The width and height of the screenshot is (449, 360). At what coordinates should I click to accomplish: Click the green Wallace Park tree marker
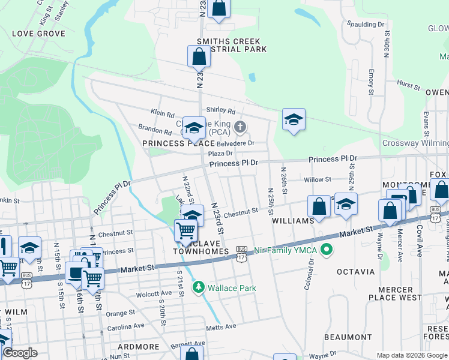click(x=199, y=288)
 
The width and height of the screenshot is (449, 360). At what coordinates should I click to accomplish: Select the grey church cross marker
click(x=240, y=126)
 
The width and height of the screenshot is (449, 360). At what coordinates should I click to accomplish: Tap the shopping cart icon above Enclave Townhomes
click(x=186, y=230)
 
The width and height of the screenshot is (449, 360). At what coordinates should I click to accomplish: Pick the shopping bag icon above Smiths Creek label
click(x=199, y=57)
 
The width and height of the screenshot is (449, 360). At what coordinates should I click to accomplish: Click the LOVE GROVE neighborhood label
click(x=38, y=34)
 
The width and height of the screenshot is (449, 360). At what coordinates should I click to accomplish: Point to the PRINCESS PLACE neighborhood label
click(x=178, y=143)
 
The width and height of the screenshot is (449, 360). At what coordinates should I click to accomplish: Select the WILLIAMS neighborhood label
click(x=293, y=221)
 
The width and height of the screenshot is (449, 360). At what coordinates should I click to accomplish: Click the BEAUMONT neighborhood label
click(x=348, y=337)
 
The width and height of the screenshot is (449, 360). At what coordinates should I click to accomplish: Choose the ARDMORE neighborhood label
click(x=139, y=347)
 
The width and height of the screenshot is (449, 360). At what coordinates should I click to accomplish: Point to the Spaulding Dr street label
click(x=366, y=25)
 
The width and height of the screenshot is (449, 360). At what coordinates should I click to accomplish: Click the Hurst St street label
click(x=408, y=85)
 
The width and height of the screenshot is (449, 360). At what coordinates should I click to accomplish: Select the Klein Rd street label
click(x=163, y=113)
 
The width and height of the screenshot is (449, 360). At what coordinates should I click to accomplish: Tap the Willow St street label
click(x=318, y=179)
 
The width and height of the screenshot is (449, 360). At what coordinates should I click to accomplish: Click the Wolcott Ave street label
click(x=154, y=294)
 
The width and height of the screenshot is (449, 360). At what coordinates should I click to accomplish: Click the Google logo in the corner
click(x=20, y=353)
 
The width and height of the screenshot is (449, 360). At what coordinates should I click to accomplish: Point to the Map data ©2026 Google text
click(x=411, y=355)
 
